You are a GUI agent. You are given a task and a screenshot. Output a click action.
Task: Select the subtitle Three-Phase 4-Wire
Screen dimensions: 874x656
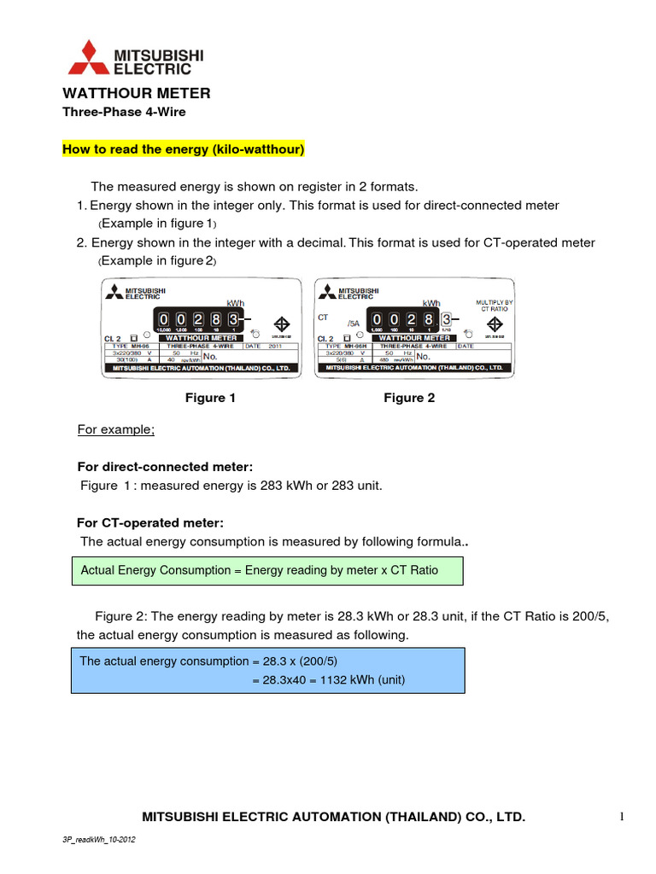coord(124,112)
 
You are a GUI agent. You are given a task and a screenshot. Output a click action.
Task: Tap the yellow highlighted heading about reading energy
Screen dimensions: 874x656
coord(184,149)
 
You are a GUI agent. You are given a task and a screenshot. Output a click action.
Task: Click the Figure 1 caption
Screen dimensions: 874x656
coord(210,398)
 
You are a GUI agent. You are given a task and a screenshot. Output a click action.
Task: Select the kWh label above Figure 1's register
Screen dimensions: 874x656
coord(235,303)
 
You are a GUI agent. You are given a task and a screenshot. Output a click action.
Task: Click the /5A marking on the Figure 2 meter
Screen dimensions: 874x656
coord(353,323)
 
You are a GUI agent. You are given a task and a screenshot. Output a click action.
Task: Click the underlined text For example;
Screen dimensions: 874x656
coord(116,429)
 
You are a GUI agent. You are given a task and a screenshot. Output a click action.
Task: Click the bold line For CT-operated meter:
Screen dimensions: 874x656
coord(150,522)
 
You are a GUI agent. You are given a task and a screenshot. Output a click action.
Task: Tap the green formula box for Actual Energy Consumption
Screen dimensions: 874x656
coord(266,570)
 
